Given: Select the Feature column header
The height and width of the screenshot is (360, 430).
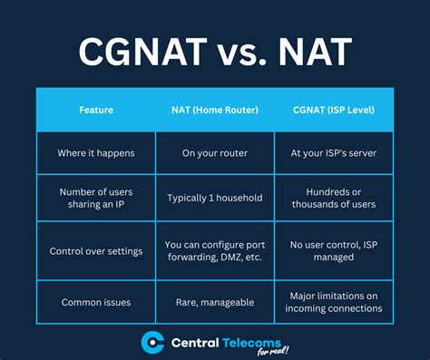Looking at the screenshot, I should point(95,110).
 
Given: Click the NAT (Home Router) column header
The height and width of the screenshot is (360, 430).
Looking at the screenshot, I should point(215,110).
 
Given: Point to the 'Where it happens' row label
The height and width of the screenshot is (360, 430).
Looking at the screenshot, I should point(95,152).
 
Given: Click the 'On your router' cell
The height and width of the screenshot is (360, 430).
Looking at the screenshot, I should point(215,152).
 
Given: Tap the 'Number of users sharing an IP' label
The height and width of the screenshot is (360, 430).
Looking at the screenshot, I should point(95,199).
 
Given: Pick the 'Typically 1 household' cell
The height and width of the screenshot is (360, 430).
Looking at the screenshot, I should point(215,199).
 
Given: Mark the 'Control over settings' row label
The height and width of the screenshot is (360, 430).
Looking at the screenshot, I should point(95,250).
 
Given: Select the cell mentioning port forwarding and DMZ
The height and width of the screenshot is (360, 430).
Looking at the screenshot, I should point(215,250).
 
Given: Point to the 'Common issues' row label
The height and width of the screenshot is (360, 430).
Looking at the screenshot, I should point(95,302).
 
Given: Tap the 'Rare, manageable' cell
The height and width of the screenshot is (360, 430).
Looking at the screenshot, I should point(215,302).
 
